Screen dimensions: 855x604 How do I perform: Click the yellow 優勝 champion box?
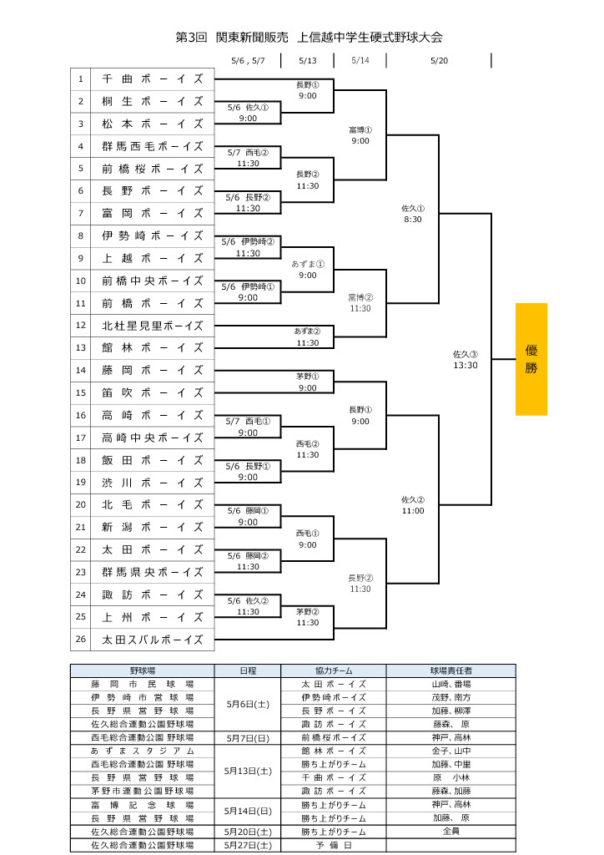[x=531, y=359]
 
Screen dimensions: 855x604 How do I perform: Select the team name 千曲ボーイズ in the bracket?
[x=153, y=78]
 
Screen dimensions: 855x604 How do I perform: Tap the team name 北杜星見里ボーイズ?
[x=153, y=326]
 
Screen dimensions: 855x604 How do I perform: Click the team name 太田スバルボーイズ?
[x=153, y=640]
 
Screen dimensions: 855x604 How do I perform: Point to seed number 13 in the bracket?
[x=81, y=347]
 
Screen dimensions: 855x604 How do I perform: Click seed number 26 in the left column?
[x=81, y=640]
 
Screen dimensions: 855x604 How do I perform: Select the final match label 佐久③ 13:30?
[x=466, y=359]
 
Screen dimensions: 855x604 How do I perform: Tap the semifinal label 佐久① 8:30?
[x=413, y=214]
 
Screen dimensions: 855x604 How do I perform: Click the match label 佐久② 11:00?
[x=413, y=505]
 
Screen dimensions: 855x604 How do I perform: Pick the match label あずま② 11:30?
[x=307, y=336]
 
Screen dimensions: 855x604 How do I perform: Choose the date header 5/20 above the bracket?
[x=439, y=60]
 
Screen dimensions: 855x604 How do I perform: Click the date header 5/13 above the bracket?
[x=307, y=60]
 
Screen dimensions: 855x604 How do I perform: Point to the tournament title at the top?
[x=309, y=38]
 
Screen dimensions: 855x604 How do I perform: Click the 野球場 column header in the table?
[x=143, y=670]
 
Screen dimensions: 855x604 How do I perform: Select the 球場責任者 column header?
[x=450, y=670]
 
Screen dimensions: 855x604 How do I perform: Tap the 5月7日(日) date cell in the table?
[x=248, y=737]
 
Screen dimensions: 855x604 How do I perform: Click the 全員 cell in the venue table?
[x=450, y=832]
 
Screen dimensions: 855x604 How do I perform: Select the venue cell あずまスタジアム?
[x=143, y=751]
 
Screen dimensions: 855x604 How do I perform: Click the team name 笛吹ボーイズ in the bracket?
[x=153, y=392]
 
